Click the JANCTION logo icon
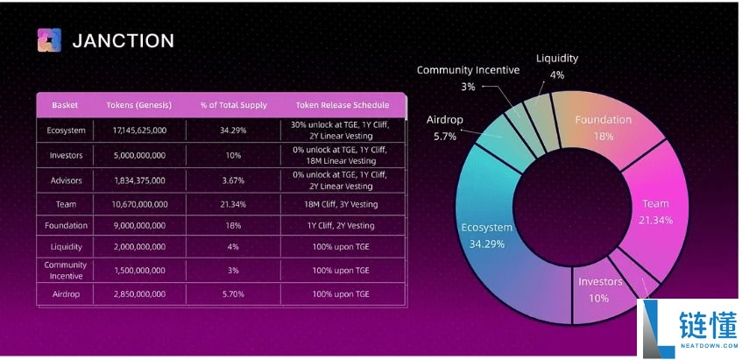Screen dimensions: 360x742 click(x=49, y=40)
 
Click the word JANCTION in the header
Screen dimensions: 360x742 click(x=123, y=40)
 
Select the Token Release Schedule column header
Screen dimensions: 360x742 click(x=336, y=105)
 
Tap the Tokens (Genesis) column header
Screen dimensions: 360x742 click(x=139, y=105)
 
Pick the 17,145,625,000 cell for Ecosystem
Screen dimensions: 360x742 click(x=139, y=130)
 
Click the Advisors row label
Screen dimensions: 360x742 click(x=65, y=180)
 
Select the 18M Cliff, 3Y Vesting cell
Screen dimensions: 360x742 click(x=336, y=204)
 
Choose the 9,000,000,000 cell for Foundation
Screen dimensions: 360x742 click(x=139, y=226)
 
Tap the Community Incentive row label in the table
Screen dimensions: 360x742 click(x=65, y=270)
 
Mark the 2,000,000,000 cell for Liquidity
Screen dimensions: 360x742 click(x=139, y=248)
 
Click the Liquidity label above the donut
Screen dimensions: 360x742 click(x=557, y=59)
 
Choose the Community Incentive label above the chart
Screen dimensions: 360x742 click(x=468, y=70)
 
